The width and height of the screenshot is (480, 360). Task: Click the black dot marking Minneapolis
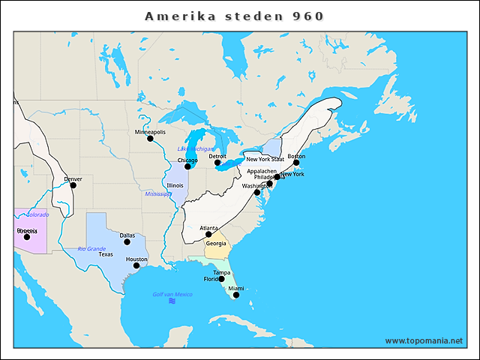(150, 139)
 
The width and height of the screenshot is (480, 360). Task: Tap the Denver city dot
(73, 185)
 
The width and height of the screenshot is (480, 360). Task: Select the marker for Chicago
(187, 166)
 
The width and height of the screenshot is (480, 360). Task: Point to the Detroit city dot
(217, 163)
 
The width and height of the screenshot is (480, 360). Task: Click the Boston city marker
(296, 163)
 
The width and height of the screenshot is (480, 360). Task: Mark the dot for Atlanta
(208, 234)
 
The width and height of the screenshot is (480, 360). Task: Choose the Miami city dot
(235, 295)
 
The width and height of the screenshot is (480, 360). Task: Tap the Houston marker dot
(136, 265)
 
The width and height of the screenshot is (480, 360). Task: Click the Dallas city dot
(127, 241)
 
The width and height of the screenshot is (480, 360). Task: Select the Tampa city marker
(221, 279)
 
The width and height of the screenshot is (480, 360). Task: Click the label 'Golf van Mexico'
(172, 294)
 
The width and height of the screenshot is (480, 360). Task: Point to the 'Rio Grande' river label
(91, 248)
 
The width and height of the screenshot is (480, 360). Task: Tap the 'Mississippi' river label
(158, 193)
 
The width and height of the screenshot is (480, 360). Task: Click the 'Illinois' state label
(175, 184)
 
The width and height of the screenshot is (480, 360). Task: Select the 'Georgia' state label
(216, 243)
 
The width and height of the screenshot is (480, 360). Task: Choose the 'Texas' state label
(106, 254)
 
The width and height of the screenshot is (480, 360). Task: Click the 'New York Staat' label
(265, 159)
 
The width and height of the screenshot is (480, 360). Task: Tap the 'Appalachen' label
(262, 171)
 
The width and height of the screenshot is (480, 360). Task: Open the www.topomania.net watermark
(424, 340)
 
